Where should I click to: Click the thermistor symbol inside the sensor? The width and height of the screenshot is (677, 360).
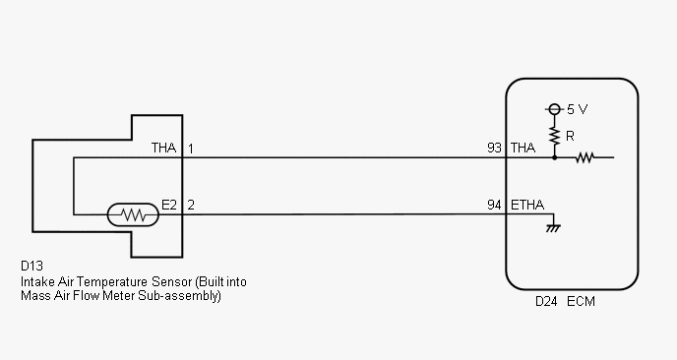pos(133,214)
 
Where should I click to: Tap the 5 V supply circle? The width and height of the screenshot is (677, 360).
pos(554,109)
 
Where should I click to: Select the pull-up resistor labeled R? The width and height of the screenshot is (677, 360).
pos(554,136)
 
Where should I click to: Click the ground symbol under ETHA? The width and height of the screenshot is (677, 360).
pos(553,228)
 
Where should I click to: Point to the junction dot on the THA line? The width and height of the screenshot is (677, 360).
pos(554,157)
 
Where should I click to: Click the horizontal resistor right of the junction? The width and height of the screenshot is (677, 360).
pos(585,157)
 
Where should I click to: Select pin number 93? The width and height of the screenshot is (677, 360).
pos(494,149)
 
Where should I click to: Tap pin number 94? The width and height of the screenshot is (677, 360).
pos(494,205)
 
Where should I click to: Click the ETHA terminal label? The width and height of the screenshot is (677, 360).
pos(527,205)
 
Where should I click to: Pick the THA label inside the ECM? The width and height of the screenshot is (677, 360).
pos(523,149)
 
